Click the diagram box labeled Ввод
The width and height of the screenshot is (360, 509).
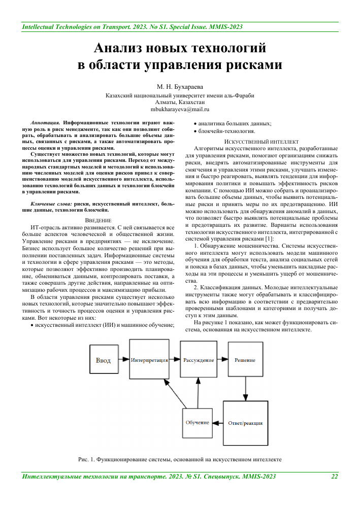103,360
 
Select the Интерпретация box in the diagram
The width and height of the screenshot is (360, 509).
149,360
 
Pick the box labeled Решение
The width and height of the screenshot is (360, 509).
245,360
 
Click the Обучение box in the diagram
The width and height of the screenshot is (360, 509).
198,423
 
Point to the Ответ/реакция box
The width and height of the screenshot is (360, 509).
245,423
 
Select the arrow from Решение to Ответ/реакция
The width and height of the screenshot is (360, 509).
245,388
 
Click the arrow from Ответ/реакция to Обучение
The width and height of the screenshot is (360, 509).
218,423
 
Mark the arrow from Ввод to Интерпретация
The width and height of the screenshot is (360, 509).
123,360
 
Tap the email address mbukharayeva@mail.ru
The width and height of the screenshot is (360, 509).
180,109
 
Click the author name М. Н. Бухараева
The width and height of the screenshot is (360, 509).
180,87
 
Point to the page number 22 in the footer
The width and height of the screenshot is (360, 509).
335,476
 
